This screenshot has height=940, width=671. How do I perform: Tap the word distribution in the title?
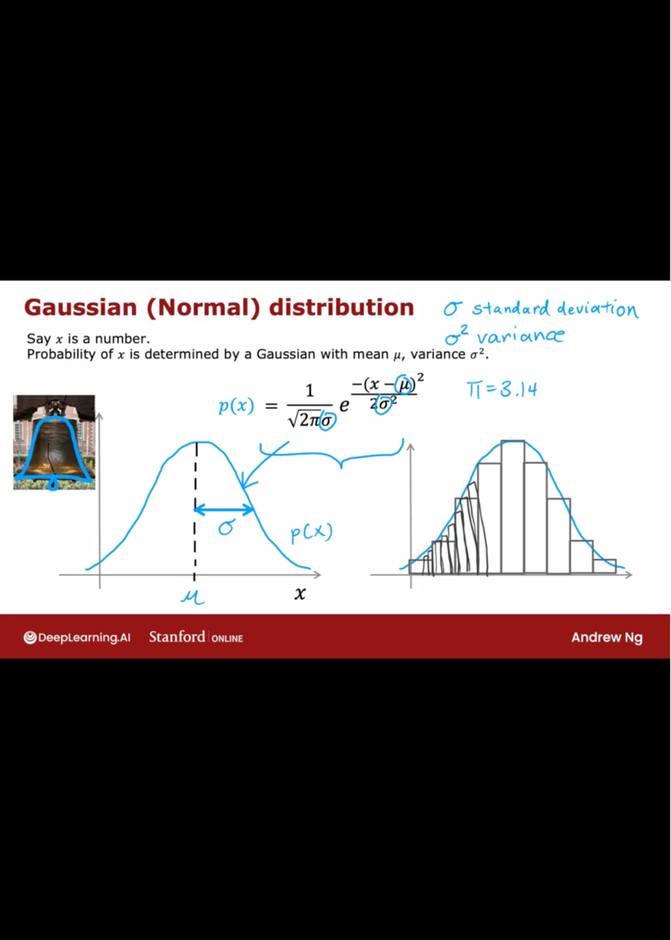(342, 307)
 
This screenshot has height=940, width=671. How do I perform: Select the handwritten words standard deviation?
(555, 309)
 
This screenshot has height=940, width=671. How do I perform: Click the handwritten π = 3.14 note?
(502, 390)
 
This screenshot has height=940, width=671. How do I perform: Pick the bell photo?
(54, 442)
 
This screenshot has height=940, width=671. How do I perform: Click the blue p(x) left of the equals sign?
(237, 406)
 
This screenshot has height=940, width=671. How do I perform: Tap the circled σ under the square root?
(327, 421)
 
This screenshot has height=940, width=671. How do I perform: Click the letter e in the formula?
(344, 405)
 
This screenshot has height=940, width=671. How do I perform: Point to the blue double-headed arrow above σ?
(224, 510)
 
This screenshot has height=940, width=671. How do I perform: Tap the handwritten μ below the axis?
(192, 596)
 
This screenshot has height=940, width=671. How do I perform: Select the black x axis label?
(300, 593)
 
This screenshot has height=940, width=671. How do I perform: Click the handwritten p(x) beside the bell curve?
(311, 534)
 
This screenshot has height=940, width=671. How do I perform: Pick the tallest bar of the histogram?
(513, 507)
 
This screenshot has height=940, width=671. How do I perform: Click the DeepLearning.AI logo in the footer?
(77, 637)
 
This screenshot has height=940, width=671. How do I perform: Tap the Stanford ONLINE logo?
(196, 637)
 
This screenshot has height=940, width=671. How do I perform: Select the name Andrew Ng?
(607, 637)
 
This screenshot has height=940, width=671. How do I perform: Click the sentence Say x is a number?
(88, 339)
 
